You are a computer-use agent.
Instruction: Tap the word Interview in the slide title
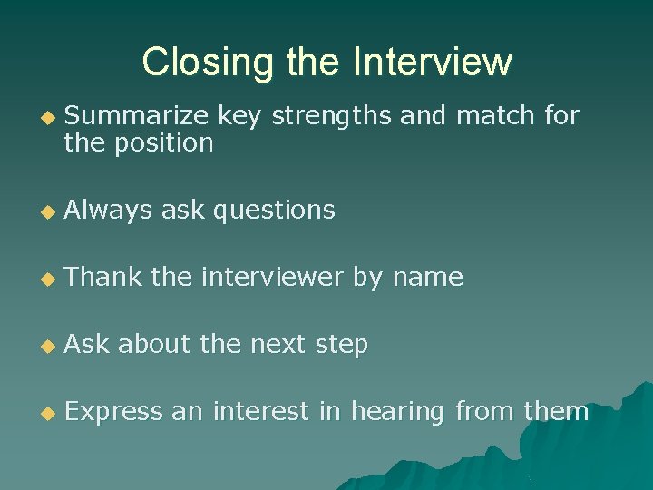(433, 63)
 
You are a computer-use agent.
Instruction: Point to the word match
(493, 115)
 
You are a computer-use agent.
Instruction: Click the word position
(163, 143)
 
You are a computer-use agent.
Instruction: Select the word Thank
(103, 278)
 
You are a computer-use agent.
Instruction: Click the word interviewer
(272, 278)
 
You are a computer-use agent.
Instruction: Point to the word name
(427, 278)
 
